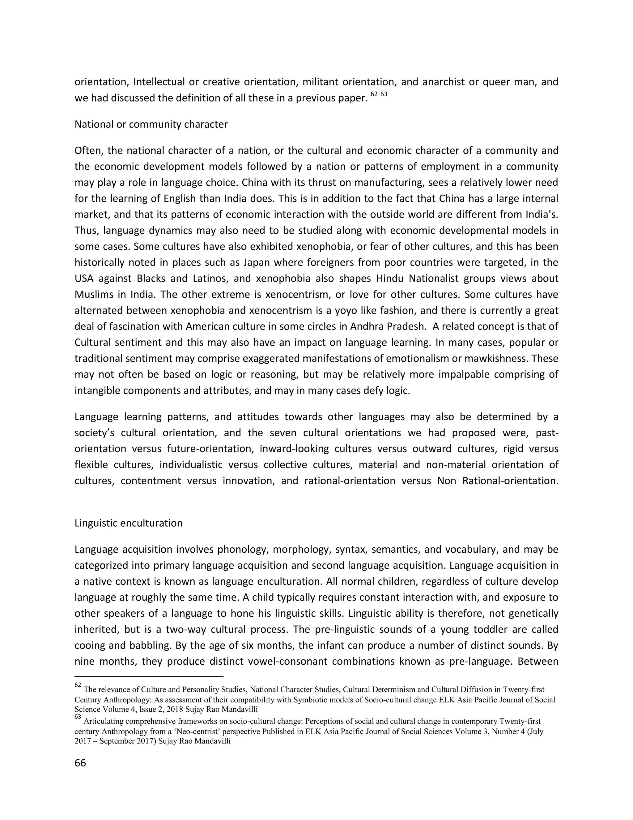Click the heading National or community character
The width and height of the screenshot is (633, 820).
(x=151, y=124)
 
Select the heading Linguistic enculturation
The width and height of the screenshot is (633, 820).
(x=128, y=523)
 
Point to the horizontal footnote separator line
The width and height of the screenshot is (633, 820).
(x=149, y=676)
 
